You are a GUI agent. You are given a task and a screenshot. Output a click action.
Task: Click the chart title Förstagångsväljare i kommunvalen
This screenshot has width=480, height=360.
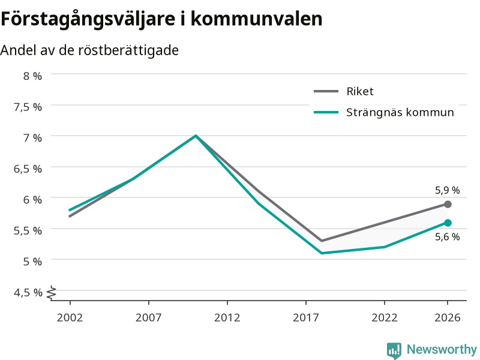tap(161, 19)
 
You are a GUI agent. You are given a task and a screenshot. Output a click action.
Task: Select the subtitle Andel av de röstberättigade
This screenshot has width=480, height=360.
tap(89, 50)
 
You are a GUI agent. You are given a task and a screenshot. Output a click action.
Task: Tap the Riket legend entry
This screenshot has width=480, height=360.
tap(344, 91)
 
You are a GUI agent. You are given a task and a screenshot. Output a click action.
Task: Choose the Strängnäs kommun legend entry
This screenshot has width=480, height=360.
tap(384, 112)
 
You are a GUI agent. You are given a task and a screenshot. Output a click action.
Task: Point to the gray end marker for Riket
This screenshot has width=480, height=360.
tap(448, 204)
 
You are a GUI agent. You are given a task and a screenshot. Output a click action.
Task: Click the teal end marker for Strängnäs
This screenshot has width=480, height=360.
tap(448, 223)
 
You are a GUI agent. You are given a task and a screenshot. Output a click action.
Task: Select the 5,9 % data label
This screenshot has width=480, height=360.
tap(447, 190)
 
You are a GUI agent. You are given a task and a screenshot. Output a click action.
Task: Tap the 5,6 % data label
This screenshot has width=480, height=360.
tap(447, 236)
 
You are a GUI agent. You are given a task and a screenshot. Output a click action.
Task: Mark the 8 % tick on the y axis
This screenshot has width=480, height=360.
tap(32, 76)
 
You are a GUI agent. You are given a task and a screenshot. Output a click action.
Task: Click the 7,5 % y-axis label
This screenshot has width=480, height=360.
tap(28, 107)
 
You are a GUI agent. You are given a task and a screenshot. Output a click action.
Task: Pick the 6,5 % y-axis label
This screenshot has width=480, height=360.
tap(28, 169)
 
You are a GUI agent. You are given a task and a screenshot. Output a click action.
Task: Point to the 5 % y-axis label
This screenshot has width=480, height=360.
tap(32, 262)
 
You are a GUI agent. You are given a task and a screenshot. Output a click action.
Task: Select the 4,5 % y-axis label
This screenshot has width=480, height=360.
tap(28, 292)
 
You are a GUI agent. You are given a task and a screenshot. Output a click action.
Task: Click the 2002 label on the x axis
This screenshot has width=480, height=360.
tap(70, 317)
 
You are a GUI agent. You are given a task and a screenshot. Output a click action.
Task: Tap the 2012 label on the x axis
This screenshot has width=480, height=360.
tap(227, 317)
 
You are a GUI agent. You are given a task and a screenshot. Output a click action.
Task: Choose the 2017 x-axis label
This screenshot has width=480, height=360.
tap(306, 317)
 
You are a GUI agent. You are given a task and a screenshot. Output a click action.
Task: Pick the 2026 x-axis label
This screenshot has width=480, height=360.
tap(447, 317)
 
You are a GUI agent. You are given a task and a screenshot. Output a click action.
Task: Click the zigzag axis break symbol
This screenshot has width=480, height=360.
tap(52, 293)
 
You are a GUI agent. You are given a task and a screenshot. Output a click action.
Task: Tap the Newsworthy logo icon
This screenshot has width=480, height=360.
tap(394, 350)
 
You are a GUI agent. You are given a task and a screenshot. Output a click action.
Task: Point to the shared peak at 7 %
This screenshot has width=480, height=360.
tap(196, 136)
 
